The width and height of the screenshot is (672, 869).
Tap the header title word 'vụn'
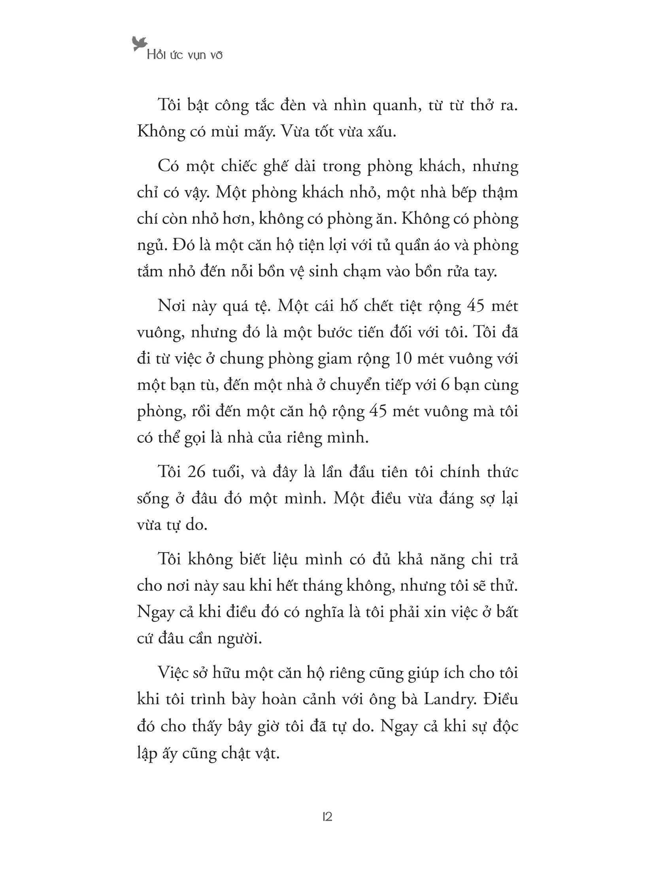point(195,55)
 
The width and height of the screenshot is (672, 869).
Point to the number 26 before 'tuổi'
point(197,472)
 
